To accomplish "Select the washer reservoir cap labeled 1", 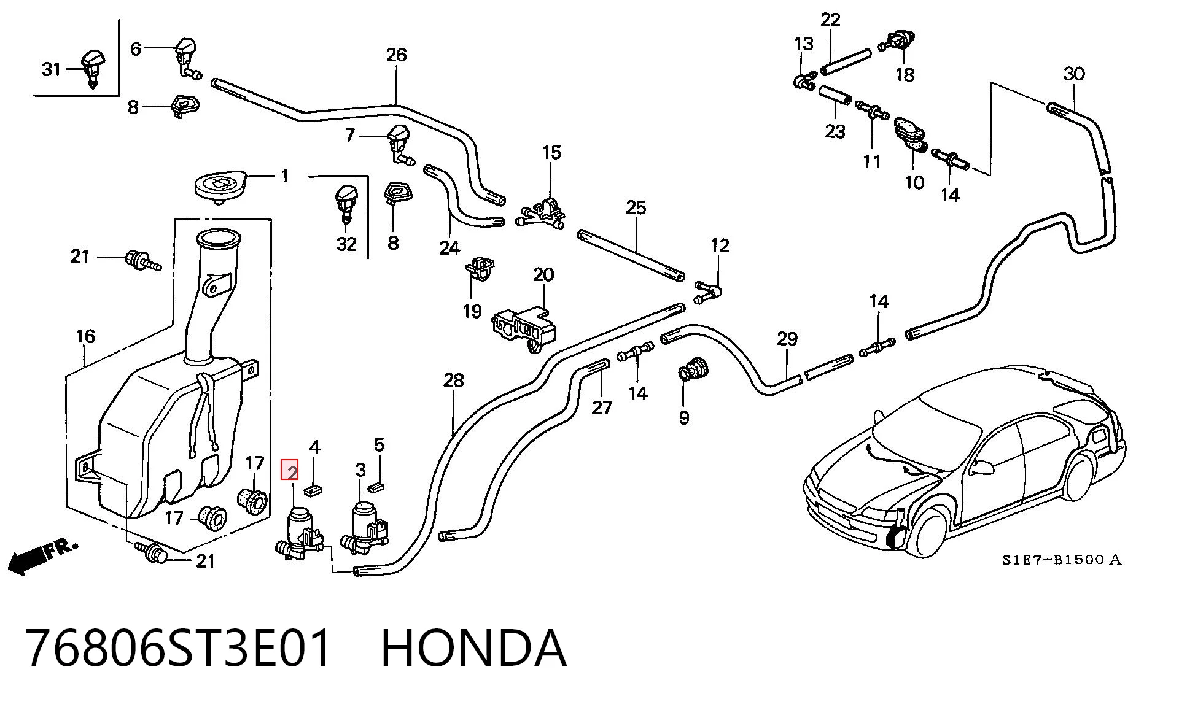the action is tap(221, 184).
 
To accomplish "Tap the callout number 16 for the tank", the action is tap(85, 336).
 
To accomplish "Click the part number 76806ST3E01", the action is tap(178, 648).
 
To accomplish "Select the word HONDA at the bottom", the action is tap(473, 648).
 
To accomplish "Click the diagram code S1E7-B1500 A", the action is tap(1062, 560).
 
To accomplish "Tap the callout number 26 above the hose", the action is tap(396, 55).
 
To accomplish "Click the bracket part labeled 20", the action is tap(524, 328).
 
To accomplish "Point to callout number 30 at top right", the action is tap(1074, 74).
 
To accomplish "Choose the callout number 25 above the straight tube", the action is tap(636, 207).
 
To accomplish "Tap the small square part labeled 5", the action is tap(376, 487).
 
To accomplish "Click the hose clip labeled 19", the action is tap(480, 269).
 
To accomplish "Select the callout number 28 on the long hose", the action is tap(453, 381).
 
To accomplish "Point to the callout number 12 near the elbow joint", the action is tap(720, 245).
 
